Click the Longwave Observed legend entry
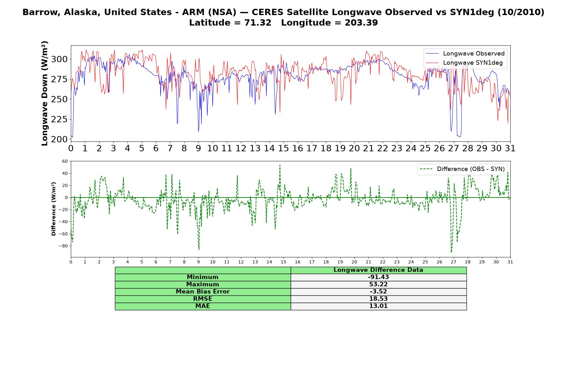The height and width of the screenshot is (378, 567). pos(465,54)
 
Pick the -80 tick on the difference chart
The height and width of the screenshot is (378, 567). pos(63,246)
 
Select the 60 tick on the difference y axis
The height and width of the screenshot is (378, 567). pos(65,161)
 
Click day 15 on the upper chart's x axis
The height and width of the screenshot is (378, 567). pos(283,148)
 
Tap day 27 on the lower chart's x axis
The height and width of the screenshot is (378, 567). pos(453,262)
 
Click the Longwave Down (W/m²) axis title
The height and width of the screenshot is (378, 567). pos(44,93)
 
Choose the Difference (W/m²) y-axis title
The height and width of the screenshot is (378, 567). pos(54,209)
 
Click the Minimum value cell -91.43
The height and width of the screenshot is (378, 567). pos(378,277)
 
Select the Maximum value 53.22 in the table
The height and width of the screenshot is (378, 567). pos(378,284)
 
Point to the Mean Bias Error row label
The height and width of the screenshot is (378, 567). pos(203,292)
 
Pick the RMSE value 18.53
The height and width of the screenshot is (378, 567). pos(378,299)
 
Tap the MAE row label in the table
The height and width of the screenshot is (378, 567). pos(203,306)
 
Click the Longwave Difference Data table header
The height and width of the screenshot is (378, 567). pos(378,270)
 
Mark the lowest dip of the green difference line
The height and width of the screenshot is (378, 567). pos(451,252)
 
